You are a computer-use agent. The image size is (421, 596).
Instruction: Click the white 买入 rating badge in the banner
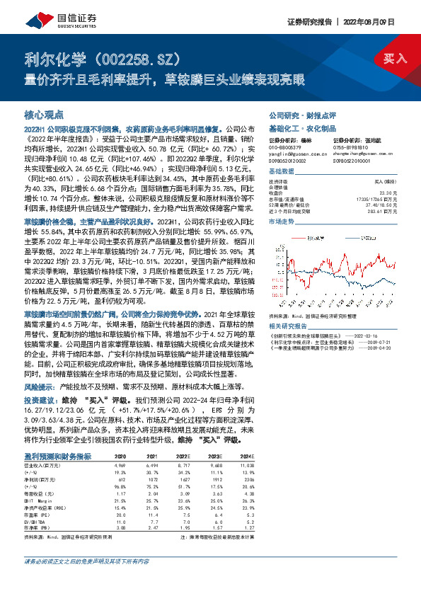pyautogui.click(x=395, y=58)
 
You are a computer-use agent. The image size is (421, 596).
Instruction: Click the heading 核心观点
pyautogui.click(x=44, y=114)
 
